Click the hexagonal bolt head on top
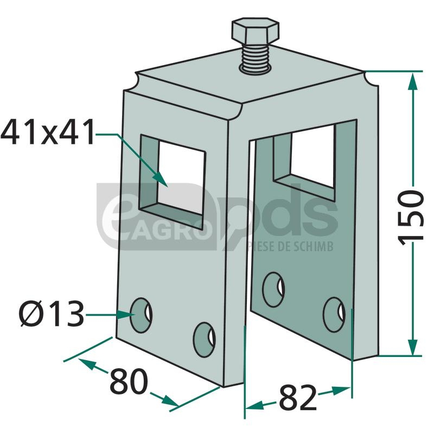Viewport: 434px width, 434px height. coord(255,31)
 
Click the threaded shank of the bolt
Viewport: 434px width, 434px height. coord(254,60)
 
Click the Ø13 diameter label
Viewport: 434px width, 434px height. coord(51,314)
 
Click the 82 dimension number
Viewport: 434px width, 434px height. coord(298,397)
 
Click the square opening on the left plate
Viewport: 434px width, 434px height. coord(172,182)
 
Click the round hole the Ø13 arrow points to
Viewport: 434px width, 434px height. coord(141,315)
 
